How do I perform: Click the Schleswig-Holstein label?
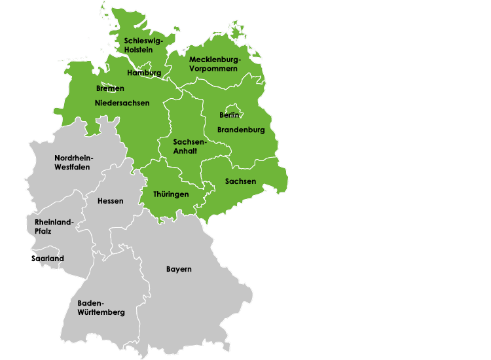tap(143, 45)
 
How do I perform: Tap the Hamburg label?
tap(144, 73)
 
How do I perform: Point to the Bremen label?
tap(110, 88)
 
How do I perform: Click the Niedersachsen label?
tap(122, 103)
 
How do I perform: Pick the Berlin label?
tap(229, 115)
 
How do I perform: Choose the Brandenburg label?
tap(241, 130)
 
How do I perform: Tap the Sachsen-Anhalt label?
tap(190, 146)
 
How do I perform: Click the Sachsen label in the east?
tap(240, 181)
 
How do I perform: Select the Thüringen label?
tap(171, 194)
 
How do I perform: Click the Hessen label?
tap(110, 201)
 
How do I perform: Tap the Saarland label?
tap(48, 259)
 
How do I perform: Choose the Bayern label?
tap(179, 269)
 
